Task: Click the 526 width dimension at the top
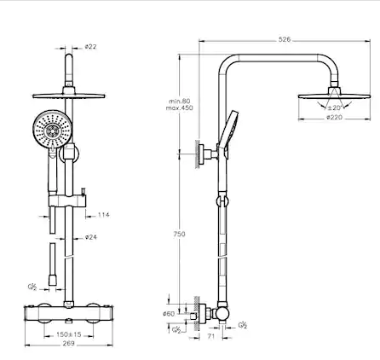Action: tap(284, 38)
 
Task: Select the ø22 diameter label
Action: tap(90, 46)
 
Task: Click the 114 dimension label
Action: tap(103, 215)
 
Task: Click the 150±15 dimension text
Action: tap(68, 334)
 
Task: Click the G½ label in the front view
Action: tap(32, 287)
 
